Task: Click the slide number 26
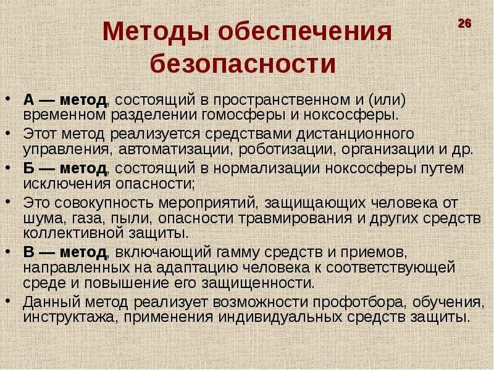pos(464,23)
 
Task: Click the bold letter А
pos(29,100)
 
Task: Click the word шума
pos(40,218)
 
